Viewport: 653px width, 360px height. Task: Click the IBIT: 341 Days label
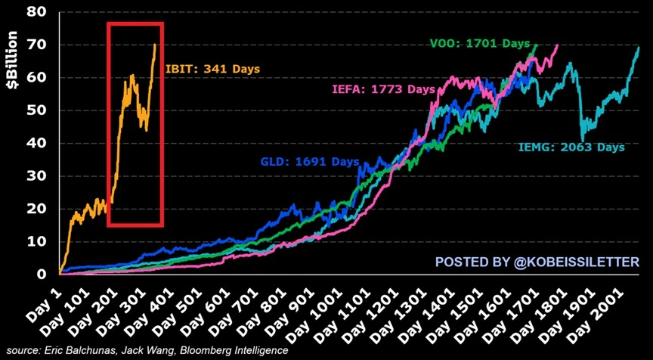pos(212,69)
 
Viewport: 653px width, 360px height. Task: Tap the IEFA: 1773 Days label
pos(384,89)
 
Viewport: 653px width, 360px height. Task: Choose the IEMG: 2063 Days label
pos(572,147)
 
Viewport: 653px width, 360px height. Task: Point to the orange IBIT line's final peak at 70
pos(155,45)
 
